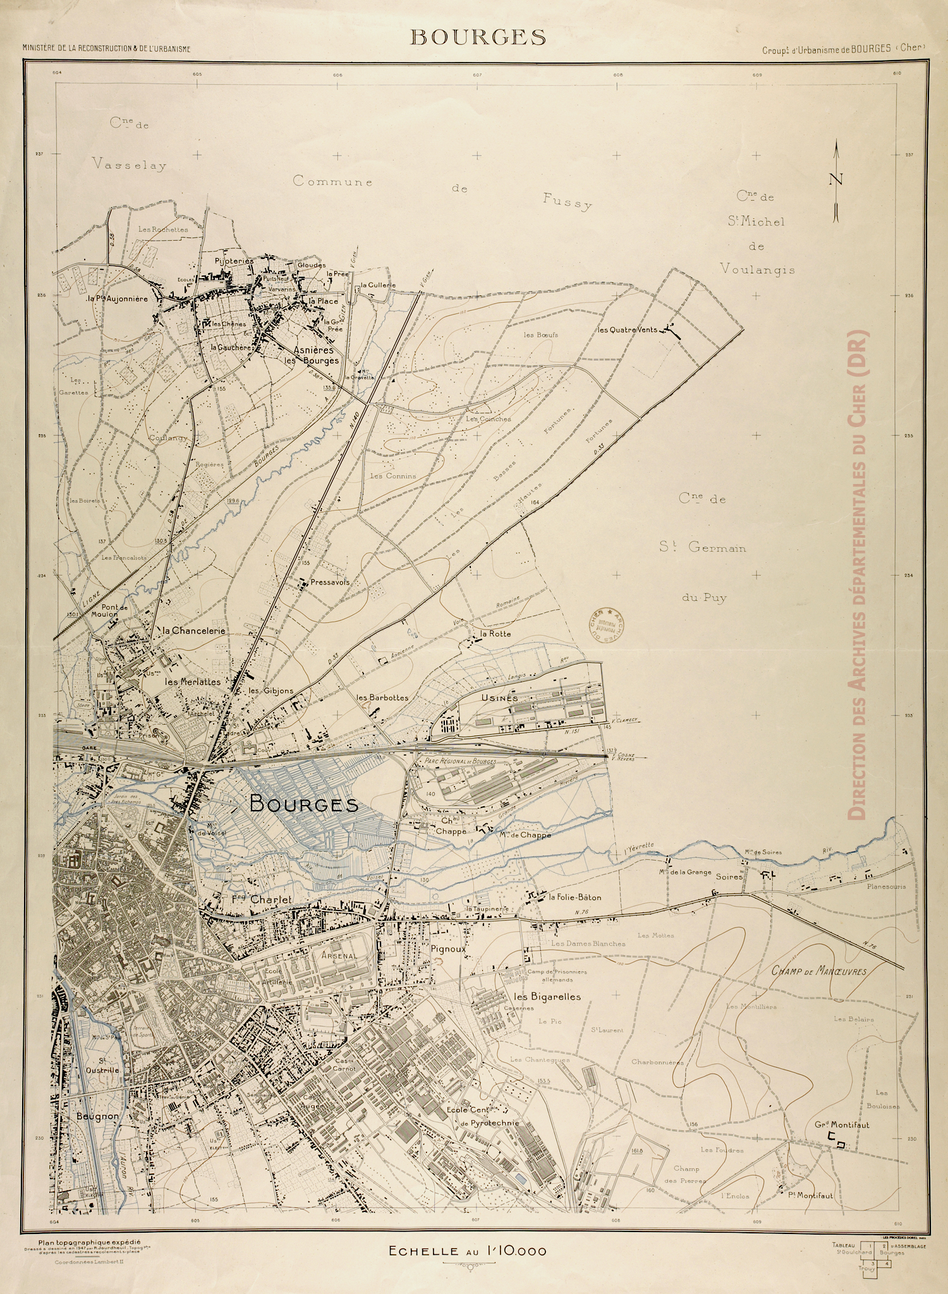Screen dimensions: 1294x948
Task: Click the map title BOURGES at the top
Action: click(x=477, y=37)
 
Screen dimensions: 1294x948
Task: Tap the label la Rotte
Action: click(x=495, y=633)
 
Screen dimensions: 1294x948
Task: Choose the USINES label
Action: click(x=499, y=698)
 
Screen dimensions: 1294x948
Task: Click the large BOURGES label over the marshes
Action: click(x=304, y=804)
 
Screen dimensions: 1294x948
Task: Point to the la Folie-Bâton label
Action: click(x=574, y=897)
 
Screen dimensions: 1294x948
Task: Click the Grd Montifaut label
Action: click(x=842, y=1125)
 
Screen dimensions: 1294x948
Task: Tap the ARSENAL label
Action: click(x=339, y=956)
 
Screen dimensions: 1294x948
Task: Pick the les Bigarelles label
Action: click(x=547, y=996)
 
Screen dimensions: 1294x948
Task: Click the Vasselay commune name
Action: click(x=128, y=166)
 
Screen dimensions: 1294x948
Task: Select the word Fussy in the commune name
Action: click(x=568, y=201)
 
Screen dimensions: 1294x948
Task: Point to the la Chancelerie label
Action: click(x=194, y=631)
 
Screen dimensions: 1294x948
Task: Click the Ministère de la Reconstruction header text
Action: click(x=106, y=48)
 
